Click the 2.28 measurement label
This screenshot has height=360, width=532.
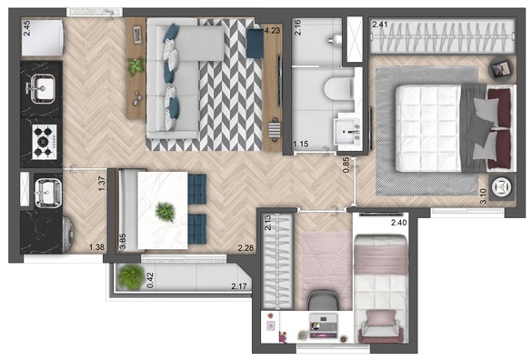tap(245, 247)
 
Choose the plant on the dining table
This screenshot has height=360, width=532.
tap(165, 212)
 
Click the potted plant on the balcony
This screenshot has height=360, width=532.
tap(132, 276)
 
